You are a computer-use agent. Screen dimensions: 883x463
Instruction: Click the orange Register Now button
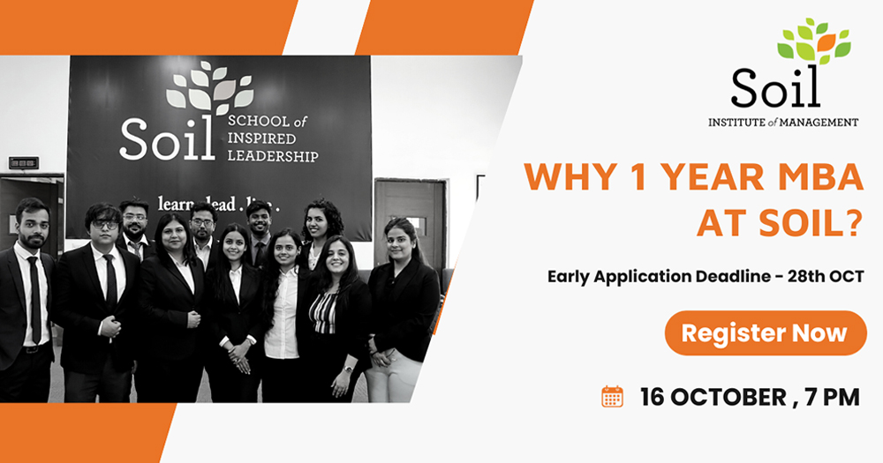(x=766, y=333)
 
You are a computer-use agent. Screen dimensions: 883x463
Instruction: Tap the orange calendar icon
(x=612, y=397)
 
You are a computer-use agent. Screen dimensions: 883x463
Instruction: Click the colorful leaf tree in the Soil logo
(x=814, y=41)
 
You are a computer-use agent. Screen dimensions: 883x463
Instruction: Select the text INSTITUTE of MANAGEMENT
(x=783, y=122)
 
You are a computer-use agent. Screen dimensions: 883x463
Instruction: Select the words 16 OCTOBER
(x=713, y=397)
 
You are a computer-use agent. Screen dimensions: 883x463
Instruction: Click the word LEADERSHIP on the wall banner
(x=273, y=156)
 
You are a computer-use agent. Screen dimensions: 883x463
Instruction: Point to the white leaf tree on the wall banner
(x=209, y=88)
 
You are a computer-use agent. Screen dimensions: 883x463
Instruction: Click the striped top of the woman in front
(x=325, y=313)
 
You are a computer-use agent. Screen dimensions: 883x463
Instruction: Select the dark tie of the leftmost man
(x=35, y=299)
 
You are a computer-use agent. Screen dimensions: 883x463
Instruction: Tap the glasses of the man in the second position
(x=105, y=224)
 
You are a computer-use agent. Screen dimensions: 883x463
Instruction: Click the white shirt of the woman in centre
(x=283, y=315)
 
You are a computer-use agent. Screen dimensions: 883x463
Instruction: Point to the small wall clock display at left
(x=24, y=163)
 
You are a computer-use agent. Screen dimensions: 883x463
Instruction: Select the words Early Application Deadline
(x=659, y=276)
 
